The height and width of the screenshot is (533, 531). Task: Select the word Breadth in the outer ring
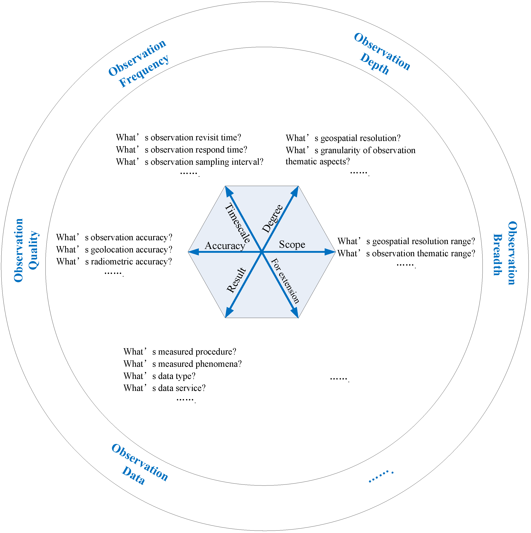(x=498, y=255)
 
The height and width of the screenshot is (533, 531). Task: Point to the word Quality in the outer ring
(x=33, y=250)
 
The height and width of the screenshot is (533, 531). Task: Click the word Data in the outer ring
(x=134, y=475)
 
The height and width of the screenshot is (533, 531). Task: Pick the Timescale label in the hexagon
(x=237, y=223)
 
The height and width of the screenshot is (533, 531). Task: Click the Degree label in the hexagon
(x=272, y=219)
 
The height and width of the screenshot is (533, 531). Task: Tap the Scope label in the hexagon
(x=292, y=244)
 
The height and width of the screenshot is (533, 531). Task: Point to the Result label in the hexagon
(x=236, y=280)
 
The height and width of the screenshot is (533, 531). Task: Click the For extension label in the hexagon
(x=285, y=281)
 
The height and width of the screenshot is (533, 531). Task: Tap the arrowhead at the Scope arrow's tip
(x=330, y=252)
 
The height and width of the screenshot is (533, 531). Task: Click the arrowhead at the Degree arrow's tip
(x=295, y=191)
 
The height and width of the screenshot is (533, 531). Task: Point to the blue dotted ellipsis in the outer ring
(x=381, y=476)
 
